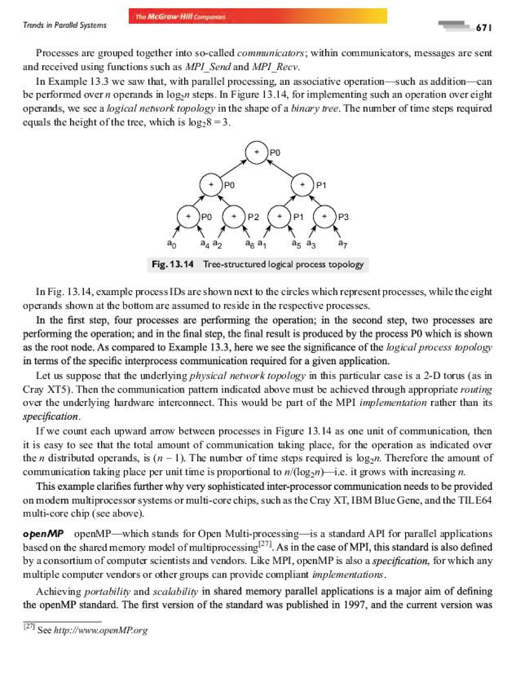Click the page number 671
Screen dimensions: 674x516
coord(483,28)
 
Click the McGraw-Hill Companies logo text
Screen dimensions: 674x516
coord(181,17)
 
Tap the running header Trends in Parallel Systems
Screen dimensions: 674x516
coord(64,25)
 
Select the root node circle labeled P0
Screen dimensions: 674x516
coord(256,152)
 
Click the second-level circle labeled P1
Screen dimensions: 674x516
coord(302,185)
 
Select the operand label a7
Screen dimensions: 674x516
coord(342,243)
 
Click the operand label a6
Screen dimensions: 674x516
coord(249,244)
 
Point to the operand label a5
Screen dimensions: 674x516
coord(296,244)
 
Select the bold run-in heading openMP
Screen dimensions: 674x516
coord(43,534)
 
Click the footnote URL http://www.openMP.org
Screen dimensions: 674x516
coord(101,630)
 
